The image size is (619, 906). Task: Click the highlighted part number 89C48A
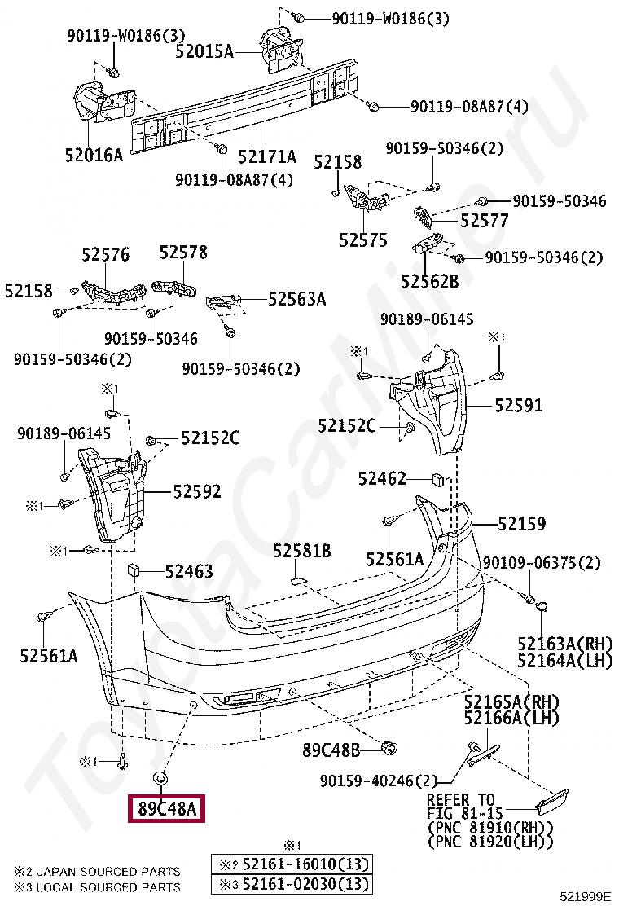point(166,809)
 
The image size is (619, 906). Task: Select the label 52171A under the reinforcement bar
point(267,156)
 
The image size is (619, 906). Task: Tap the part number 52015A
point(204,52)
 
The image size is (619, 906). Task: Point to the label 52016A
point(94,154)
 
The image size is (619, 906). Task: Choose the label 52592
point(196,491)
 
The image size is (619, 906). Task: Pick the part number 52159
point(521,524)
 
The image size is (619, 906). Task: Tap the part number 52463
point(189,572)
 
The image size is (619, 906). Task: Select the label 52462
point(382,479)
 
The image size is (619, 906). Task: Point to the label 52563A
point(296,299)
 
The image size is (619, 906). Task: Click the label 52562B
point(429,281)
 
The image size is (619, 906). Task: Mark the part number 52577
point(484,221)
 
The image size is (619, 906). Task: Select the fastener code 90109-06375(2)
point(542,564)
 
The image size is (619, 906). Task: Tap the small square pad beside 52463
point(134,570)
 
